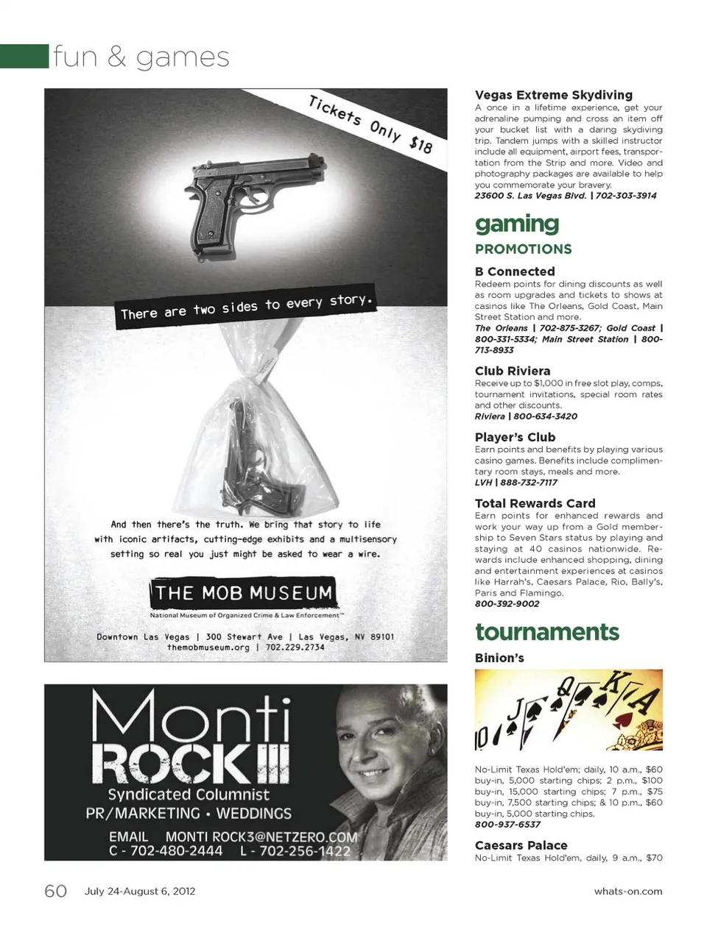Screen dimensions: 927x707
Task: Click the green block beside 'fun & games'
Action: click(24, 56)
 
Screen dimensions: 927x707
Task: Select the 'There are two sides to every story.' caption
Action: click(247, 307)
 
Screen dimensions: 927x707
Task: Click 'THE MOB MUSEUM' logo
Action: click(244, 593)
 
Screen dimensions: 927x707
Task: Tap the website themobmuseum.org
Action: click(208, 647)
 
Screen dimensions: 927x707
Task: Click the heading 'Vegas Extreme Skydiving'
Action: click(553, 95)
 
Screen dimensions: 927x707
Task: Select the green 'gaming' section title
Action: click(517, 224)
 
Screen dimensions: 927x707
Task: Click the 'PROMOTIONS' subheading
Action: click(523, 249)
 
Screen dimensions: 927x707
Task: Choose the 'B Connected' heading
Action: click(515, 271)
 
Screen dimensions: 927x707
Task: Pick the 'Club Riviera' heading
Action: click(513, 371)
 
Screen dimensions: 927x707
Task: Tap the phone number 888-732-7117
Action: click(529, 483)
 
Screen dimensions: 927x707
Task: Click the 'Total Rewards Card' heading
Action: click(535, 503)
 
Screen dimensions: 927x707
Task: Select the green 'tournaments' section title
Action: click(547, 632)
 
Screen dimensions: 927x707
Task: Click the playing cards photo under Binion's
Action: click(569, 710)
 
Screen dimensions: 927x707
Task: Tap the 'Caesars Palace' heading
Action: click(521, 845)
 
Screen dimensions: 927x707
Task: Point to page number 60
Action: click(56, 891)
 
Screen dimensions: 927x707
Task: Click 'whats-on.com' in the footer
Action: click(627, 891)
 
